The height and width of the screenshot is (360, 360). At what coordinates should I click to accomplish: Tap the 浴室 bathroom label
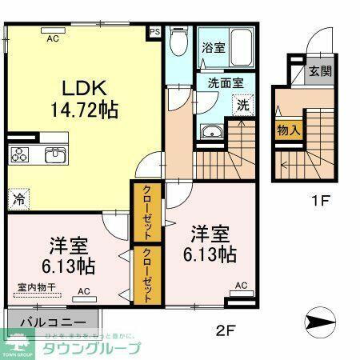tap(214, 47)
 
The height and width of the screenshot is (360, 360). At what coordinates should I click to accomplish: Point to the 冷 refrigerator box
tap(18, 195)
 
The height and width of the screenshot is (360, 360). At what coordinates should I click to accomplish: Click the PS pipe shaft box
tap(154, 33)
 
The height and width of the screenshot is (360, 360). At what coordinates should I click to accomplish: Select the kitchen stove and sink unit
tap(37, 155)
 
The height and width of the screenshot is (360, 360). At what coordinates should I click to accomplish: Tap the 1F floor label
tap(322, 202)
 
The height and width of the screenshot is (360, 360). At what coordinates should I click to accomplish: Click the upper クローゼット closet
tap(148, 212)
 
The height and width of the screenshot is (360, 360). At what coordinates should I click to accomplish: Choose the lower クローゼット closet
tap(148, 273)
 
